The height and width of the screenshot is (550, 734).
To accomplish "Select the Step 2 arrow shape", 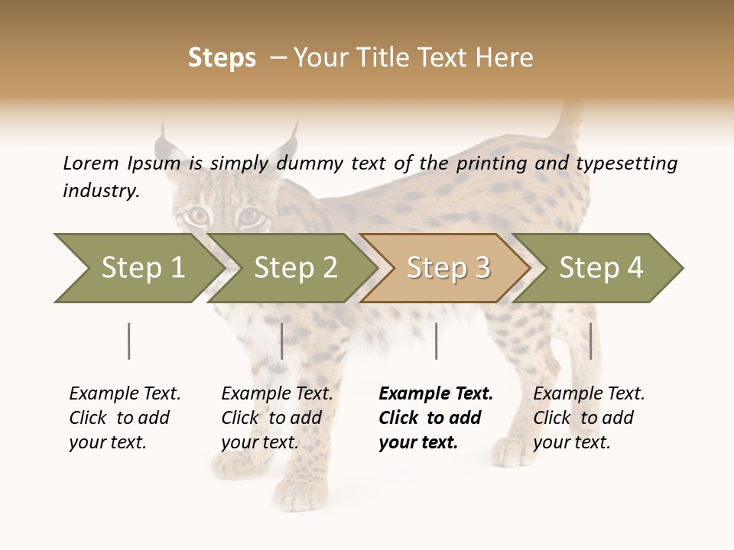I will coord(295,268).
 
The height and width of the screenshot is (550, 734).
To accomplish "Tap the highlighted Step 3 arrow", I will coord(448,268).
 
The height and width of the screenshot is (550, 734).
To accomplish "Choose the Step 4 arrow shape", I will coord(601,268).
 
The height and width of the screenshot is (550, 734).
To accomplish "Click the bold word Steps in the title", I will coord(222,58).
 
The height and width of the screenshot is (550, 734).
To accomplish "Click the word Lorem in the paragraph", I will coord(91,163).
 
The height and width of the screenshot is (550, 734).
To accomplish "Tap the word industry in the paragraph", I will coord(101,191).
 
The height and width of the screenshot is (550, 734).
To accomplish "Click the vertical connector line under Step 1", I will coord(129,341).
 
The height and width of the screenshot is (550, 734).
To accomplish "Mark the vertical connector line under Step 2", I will coord(282,341).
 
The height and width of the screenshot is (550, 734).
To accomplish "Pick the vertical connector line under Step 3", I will coord(436,341).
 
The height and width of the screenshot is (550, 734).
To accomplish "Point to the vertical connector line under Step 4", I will coord(591,341).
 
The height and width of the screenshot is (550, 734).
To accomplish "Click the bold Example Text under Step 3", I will coord(436,393).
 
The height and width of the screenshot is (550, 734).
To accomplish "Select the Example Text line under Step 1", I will coord(125,393).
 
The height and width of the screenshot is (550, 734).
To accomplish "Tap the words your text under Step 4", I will coord(571,442).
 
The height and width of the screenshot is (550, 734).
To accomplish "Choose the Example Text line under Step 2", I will coord(277,393).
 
